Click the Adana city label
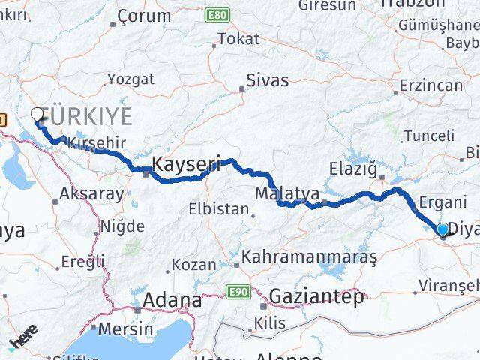click(x=172, y=300)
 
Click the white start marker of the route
click(x=37, y=114)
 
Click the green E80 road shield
click(x=217, y=14)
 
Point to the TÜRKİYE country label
click(x=88, y=116)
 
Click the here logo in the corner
click(x=24, y=335)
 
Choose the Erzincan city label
click(x=430, y=85)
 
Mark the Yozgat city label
click(x=130, y=79)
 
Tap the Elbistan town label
click(x=218, y=209)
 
